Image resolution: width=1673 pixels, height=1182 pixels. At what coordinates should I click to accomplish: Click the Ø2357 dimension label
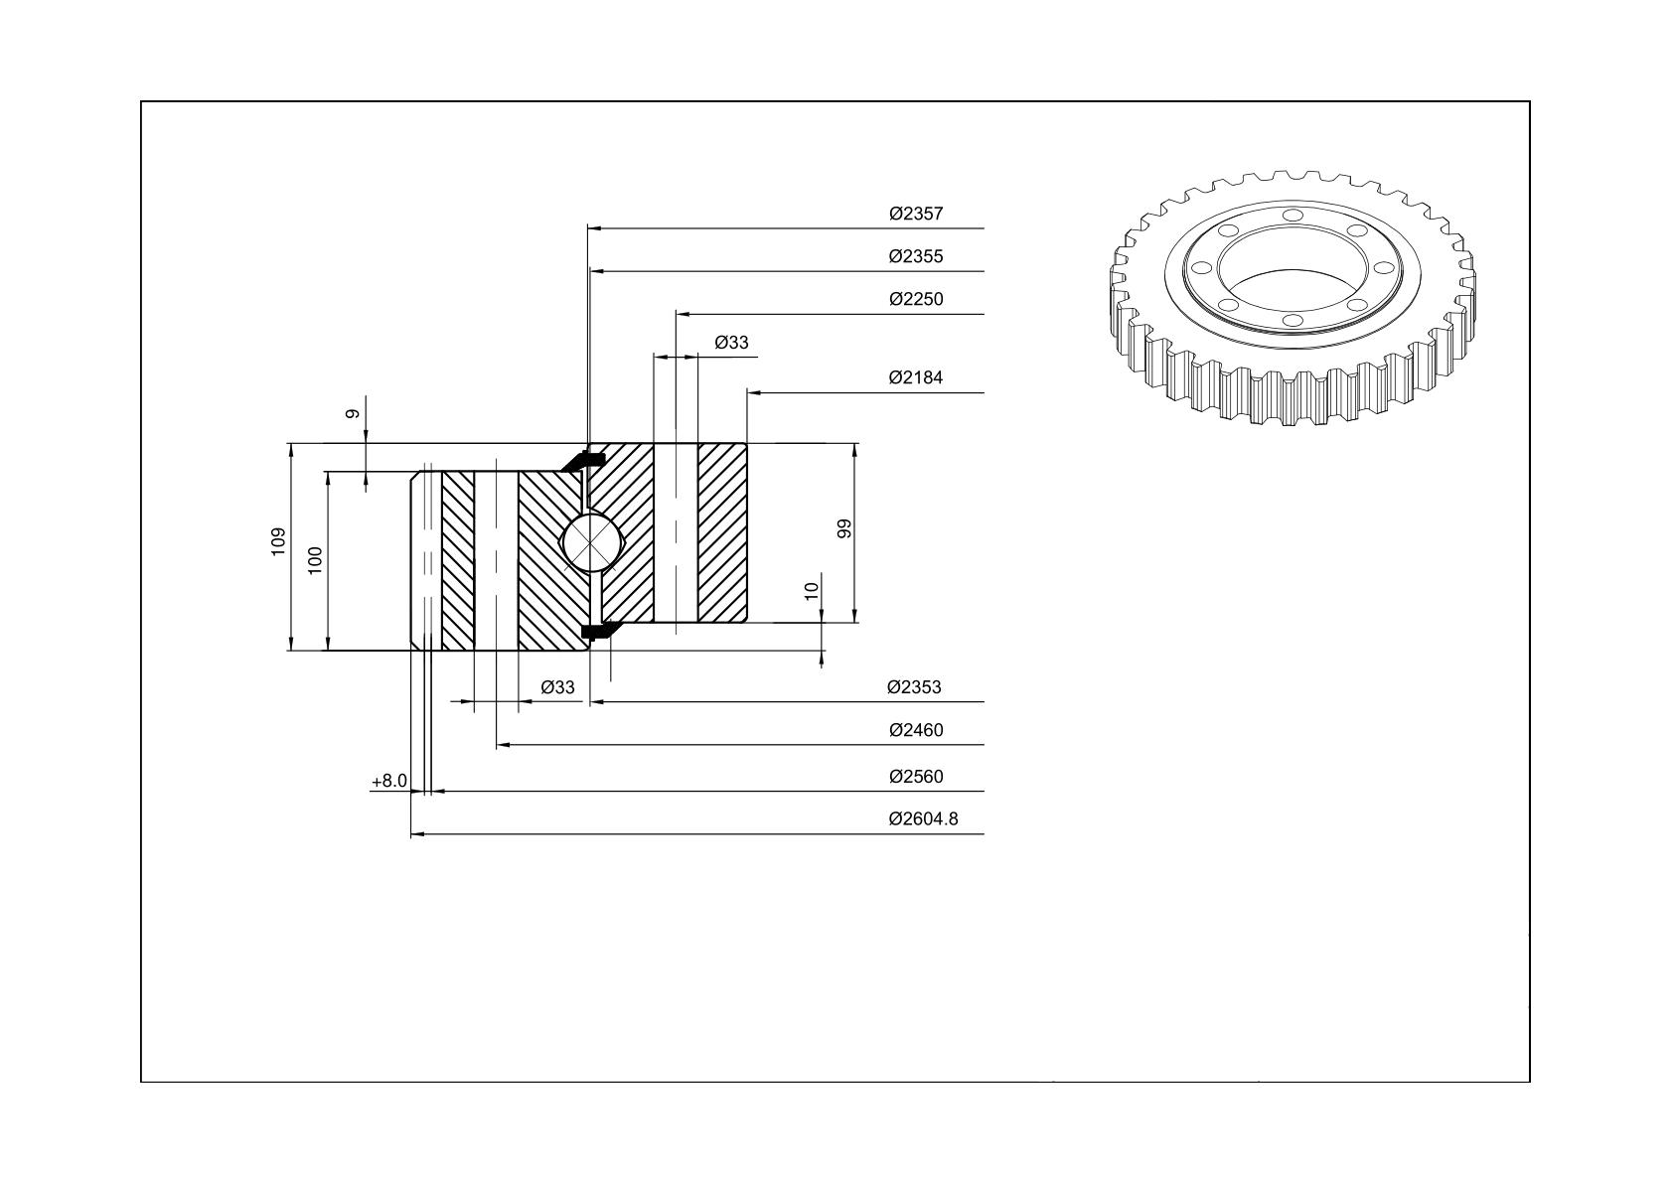pyautogui.click(x=916, y=214)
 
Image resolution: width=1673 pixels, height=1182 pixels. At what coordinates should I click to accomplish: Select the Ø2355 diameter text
pyautogui.click(x=916, y=256)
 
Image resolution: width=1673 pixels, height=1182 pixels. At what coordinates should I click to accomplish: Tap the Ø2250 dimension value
pyautogui.click(x=916, y=299)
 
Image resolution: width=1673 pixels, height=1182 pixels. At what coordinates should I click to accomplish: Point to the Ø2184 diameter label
pyautogui.click(x=916, y=377)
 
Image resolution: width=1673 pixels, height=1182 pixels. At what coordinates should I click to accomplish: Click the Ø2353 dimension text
pyautogui.click(x=914, y=687)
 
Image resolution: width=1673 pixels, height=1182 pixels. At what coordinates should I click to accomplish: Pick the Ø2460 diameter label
pyautogui.click(x=916, y=729)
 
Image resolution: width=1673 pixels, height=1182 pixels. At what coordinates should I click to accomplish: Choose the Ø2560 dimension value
pyautogui.click(x=916, y=777)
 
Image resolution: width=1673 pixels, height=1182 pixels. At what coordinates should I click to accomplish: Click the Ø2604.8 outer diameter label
pyautogui.click(x=923, y=819)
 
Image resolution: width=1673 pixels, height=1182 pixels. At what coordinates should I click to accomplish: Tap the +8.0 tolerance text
pyautogui.click(x=389, y=781)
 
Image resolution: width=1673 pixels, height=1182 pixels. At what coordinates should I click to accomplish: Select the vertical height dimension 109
pyautogui.click(x=278, y=541)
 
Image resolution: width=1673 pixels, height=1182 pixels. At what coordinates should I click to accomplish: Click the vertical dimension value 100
pyautogui.click(x=315, y=560)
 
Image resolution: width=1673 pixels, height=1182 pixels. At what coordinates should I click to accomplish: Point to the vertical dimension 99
pyautogui.click(x=844, y=528)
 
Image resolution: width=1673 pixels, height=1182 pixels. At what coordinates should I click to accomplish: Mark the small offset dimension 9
pyautogui.click(x=353, y=413)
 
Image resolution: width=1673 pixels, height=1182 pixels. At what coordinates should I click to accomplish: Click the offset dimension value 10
pyautogui.click(x=812, y=591)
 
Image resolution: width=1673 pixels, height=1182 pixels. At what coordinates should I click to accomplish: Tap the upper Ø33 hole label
pyautogui.click(x=731, y=343)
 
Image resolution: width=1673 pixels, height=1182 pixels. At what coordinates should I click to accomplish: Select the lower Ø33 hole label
pyautogui.click(x=558, y=687)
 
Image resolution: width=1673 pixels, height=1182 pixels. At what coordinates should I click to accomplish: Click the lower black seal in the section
pyautogui.click(x=596, y=630)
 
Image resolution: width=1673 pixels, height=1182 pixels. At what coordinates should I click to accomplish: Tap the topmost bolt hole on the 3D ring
pyautogui.click(x=1293, y=216)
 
